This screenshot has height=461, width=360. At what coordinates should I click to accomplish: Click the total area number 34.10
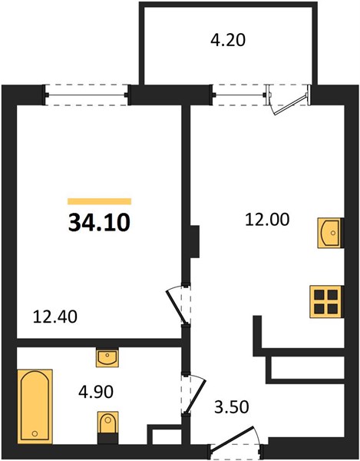tap(99, 223)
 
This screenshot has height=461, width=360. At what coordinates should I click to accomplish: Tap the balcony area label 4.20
tap(228, 40)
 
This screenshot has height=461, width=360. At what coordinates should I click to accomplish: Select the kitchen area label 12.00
tap(267, 220)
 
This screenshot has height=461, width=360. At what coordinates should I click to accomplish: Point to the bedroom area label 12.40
tap(55, 317)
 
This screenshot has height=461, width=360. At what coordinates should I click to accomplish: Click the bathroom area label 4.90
tap(96, 392)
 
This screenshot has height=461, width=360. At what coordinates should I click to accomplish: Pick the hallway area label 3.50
tap(232, 407)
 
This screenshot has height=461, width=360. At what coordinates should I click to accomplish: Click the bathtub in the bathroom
tap(35, 406)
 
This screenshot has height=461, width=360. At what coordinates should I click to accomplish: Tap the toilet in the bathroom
tap(107, 427)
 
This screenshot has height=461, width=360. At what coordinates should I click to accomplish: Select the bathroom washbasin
tap(107, 357)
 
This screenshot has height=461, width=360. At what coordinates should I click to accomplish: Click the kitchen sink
tap(330, 233)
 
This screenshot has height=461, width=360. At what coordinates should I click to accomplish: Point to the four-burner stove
tap(326, 302)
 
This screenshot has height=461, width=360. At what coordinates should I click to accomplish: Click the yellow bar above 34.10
tap(99, 201)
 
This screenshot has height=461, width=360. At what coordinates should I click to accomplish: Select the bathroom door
tap(194, 393)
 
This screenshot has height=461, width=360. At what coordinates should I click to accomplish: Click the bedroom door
tap(177, 305)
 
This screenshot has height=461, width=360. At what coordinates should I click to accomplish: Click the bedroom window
tap(86, 95)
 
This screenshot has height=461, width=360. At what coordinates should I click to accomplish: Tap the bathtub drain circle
tap(35, 433)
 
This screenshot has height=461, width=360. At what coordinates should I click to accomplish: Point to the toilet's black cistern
tap(107, 439)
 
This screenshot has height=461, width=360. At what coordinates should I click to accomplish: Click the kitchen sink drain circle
tap(332, 233)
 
